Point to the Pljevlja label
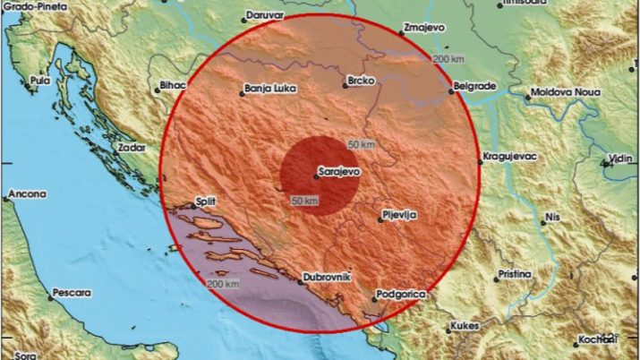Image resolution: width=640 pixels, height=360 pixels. [399, 214]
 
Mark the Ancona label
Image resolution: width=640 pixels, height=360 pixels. [26, 193]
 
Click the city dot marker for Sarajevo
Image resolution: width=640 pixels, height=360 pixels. [316, 176]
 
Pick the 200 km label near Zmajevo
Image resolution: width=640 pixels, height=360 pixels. [448, 59]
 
